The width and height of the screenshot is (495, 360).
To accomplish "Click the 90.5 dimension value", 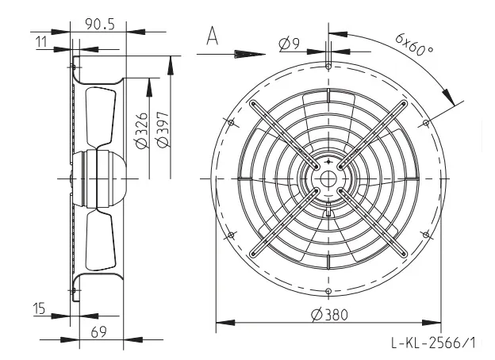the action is coord(100,25).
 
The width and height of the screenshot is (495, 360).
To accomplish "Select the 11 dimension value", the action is coord(41,42).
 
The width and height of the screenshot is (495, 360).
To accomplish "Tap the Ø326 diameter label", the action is coord(142,130).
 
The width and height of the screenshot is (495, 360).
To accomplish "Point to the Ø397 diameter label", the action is coord(163,129).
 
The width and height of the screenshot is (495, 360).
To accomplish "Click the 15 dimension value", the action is coord(39,308).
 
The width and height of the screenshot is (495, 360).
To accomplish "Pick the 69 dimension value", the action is coord(99,332).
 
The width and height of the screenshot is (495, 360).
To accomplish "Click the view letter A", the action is coord(212,36).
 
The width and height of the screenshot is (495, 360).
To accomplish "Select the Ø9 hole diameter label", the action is coord(290,44).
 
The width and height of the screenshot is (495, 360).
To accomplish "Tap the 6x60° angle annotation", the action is coord(414,44).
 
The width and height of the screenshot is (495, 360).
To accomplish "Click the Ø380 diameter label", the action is coord(329,315).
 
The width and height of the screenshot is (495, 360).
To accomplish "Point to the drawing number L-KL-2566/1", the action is coord(433,343).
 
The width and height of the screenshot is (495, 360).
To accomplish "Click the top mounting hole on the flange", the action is coord(328,67).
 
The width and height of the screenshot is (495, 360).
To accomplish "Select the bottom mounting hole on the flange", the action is coord(328,291).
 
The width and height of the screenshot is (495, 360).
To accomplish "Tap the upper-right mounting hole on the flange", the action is coord(425,122).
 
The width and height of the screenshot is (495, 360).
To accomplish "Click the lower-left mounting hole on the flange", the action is coord(231,235).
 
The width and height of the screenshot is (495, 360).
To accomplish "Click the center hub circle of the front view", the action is coord(328,179).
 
